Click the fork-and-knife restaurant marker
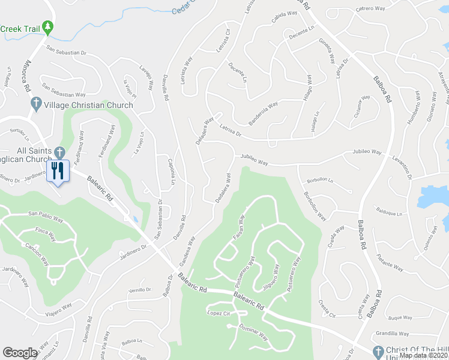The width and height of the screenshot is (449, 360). click(x=58, y=171)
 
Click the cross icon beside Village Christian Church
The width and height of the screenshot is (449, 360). click(x=35, y=104)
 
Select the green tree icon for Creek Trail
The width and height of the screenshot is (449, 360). click(x=48, y=27)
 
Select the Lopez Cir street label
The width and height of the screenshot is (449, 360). click(x=219, y=313)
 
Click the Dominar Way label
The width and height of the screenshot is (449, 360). click(x=253, y=333)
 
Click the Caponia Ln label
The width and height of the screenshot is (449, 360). click(x=170, y=172)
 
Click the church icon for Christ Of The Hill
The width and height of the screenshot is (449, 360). click(x=378, y=351)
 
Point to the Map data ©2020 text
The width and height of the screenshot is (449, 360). click(x=423, y=355)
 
